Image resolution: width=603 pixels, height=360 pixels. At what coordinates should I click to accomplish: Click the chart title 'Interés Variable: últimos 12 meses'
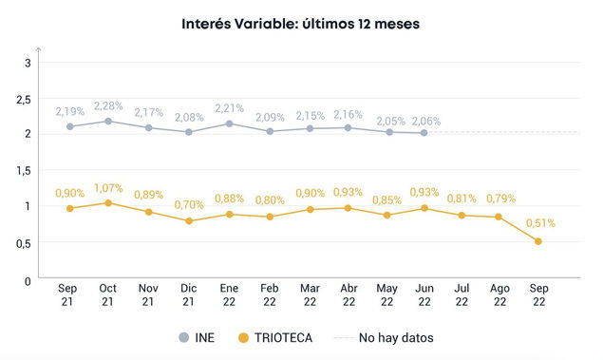click(x=301, y=22)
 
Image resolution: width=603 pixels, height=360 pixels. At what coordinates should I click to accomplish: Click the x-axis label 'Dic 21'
click(x=189, y=295)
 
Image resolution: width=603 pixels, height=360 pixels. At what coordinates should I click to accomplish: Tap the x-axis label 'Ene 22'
click(x=228, y=295)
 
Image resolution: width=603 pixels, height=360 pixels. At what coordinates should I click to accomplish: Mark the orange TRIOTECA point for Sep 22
click(x=539, y=241)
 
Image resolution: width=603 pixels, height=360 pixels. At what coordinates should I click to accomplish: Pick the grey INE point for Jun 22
click(x=423, y=133)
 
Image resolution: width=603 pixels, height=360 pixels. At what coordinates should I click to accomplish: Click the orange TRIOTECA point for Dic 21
click(x=189, y=221)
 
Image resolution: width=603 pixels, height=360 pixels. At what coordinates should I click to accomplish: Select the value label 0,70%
click(x=189, y=204)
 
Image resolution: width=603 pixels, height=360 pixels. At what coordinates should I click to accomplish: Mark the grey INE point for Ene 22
click(x=228, y=123)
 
